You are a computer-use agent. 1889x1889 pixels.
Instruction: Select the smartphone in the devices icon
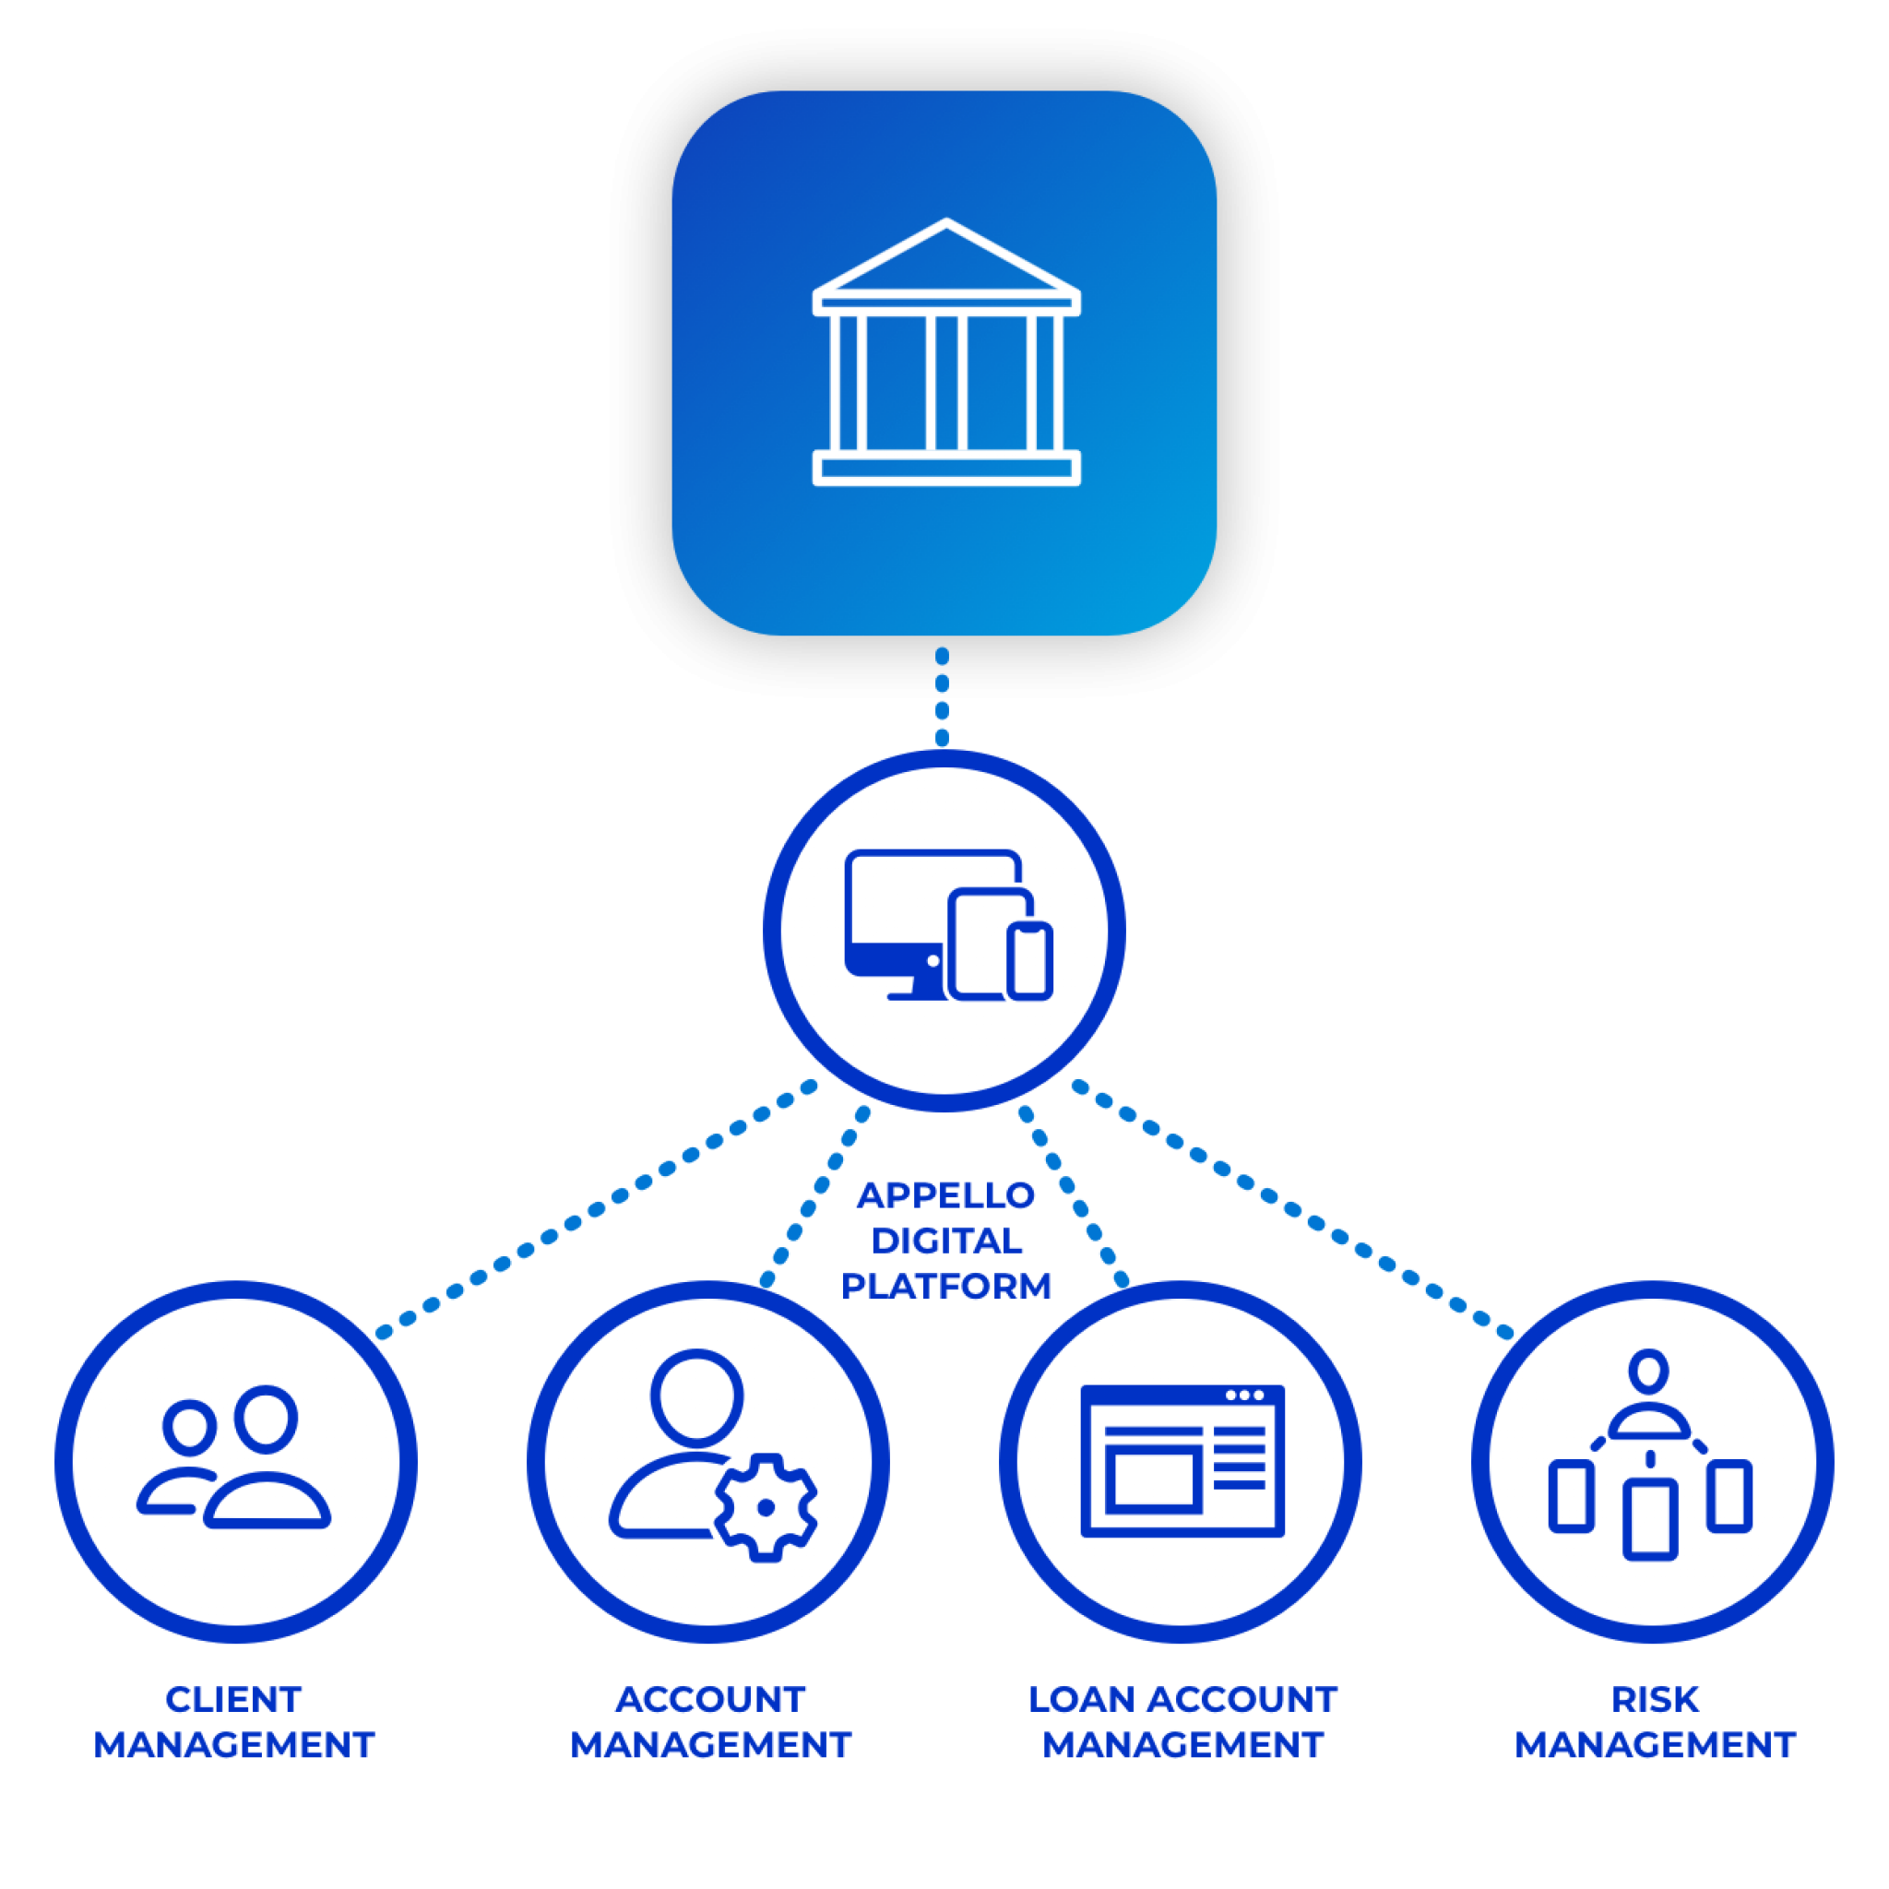click(x=1029, y=960)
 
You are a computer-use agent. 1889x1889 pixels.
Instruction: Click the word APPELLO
click(x=945, y=1194)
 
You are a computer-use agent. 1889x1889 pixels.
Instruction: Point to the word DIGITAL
click(x=945, y=1241)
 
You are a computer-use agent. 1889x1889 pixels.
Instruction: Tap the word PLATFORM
click(x=945, y=1286)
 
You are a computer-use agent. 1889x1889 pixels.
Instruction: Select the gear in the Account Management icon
click(x=766, y=1507)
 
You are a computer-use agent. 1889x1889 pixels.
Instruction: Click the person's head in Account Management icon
click(x=697, y=1395)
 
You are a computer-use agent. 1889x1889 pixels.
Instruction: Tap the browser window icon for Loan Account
click(x=1182, y=1460)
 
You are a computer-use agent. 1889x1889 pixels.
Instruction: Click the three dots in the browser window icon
click(x=1243, y=1396)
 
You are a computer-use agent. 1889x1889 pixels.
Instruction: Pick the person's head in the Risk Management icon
click(x=1649, y=1369)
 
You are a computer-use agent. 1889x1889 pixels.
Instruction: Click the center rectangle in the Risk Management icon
click(x=1650, y=1518)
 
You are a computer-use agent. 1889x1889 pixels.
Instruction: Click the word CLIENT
click(x=233, y=1699)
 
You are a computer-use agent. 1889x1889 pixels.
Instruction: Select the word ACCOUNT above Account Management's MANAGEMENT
click(x=710, y=1699)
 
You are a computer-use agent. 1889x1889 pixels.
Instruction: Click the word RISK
click(x=1655, y=1699)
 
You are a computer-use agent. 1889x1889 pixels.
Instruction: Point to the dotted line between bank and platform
click(x=942, y=697)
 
